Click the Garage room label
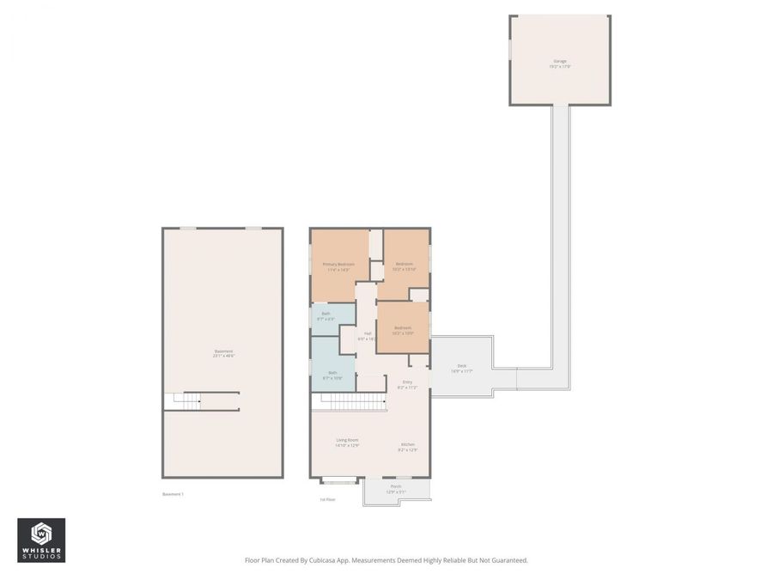point(560,62)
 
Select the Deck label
point(462,368)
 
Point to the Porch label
point(396,488)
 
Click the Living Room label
point(347,442)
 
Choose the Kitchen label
point(407,446)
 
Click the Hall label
point(368,335)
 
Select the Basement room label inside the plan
point(223,352)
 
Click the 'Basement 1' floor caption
point(173,494)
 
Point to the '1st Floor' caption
point(327,499)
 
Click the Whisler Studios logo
point(41,540)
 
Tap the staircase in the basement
point(187,400)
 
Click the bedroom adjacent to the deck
point(403,329)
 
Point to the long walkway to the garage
point(560,241)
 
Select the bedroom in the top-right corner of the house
point(404,265)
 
